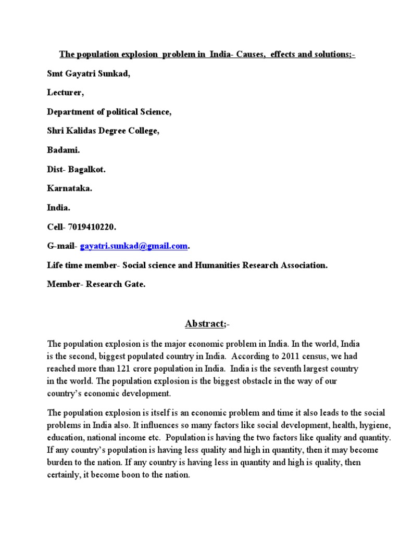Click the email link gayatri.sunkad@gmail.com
tap(134, 246)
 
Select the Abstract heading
tap(204, 324)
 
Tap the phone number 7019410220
tap(93, 227)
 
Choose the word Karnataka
tap(69, 188)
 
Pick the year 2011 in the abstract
tap(291, 357)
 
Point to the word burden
tap(60, 462)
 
